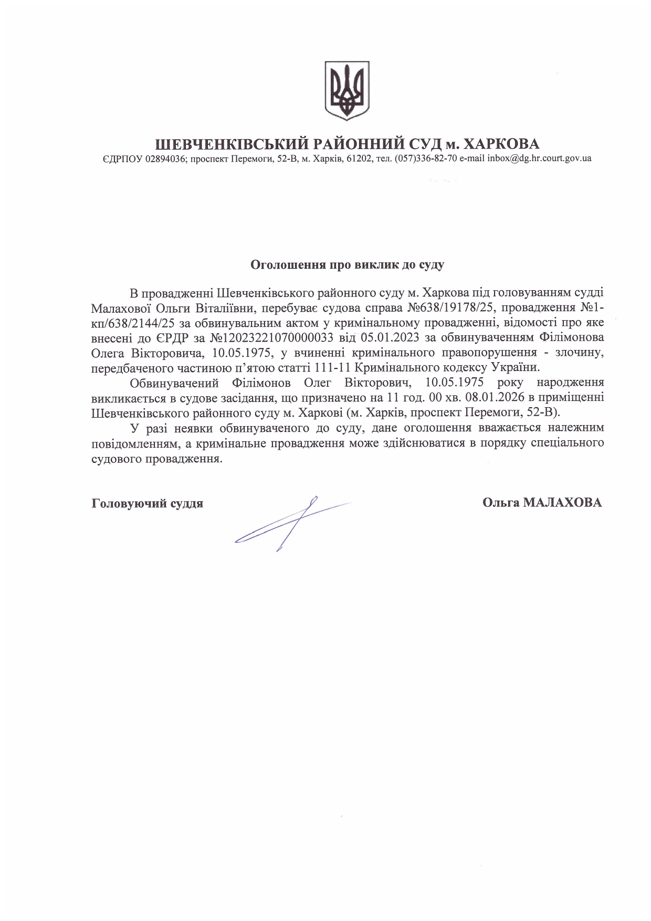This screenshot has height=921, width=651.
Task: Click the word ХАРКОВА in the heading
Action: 502,143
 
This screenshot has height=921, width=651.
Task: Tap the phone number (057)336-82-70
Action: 426,158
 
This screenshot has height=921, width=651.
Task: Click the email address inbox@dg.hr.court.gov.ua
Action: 539,158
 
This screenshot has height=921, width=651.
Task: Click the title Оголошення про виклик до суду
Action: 347,264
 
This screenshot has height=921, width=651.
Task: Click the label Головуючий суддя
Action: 147,503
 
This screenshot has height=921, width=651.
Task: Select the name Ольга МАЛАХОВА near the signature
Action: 542,502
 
